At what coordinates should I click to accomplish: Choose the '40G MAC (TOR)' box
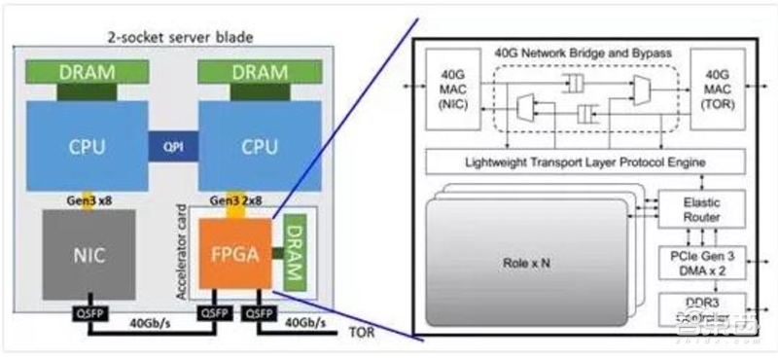(718, 90)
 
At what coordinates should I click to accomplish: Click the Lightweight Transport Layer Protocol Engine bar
(585, 161)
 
